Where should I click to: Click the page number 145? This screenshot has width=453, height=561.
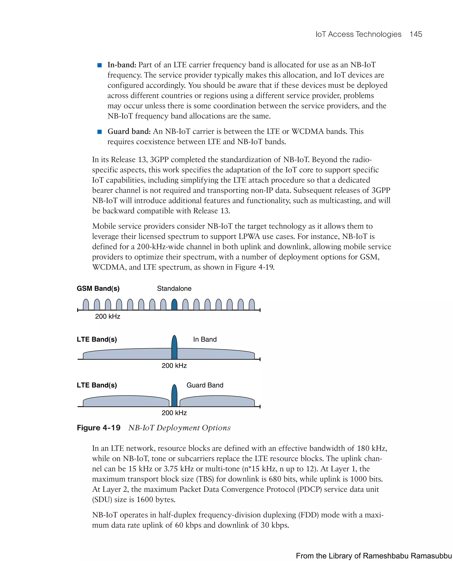[x=416, y=34]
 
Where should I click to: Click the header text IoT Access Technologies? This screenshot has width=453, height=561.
[x=358, y=34]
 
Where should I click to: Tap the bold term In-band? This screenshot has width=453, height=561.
[x=122, y=65]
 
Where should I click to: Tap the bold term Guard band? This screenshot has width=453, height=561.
[x=129, y=131]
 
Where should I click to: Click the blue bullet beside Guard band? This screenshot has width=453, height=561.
[x=99, y=132]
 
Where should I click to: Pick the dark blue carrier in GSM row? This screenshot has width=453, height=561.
[x=174, y=305]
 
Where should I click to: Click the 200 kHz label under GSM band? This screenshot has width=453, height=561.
[x=107, y=316]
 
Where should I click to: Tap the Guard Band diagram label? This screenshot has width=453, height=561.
[x=205, y=385]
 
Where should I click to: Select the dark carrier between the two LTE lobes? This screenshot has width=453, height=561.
[x=174, y=397]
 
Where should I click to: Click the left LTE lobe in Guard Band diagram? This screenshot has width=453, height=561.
[x=126, y=401]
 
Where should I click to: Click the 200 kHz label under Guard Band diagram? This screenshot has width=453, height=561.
[x=174, y=413]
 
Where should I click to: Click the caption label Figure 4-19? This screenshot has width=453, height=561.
[x=99, y=428]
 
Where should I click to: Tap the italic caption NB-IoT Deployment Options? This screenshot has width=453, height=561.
[x=180, y=428]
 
